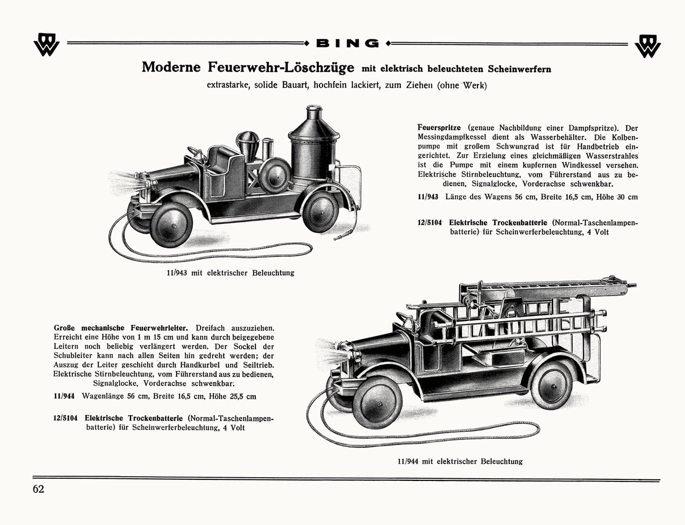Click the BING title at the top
(x=347, y=43)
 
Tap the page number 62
(x=38, y=489)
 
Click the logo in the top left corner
(x=46, y=46)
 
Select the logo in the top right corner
(x=647, y=46)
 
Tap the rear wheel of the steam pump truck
(x=320, y=212)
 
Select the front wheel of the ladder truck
(x=377, y=403)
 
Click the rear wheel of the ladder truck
(x=551, y=383)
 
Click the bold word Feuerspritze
(x=439, y=128)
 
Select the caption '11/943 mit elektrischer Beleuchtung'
(x=230, y=273)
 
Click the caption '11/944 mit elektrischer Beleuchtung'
(x=460, y=461)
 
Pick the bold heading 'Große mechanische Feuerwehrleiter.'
(x=121, y=328)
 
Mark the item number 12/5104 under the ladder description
(x=66, y=418)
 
